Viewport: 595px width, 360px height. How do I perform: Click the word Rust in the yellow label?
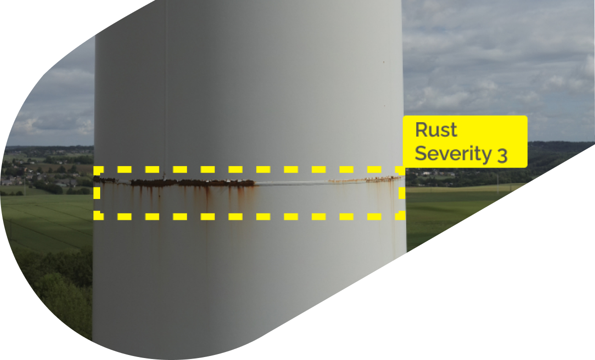436,130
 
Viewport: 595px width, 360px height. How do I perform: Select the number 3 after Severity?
502,155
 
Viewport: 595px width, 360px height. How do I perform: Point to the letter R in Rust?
422,130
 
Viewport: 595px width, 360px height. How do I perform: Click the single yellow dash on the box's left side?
98,193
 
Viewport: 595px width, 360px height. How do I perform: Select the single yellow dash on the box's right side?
401,193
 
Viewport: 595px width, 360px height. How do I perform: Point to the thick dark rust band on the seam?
194,183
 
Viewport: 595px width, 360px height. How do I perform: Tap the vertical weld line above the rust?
165,100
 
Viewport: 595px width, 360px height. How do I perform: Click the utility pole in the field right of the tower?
498,181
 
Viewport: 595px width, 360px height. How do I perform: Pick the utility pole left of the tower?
24,187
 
